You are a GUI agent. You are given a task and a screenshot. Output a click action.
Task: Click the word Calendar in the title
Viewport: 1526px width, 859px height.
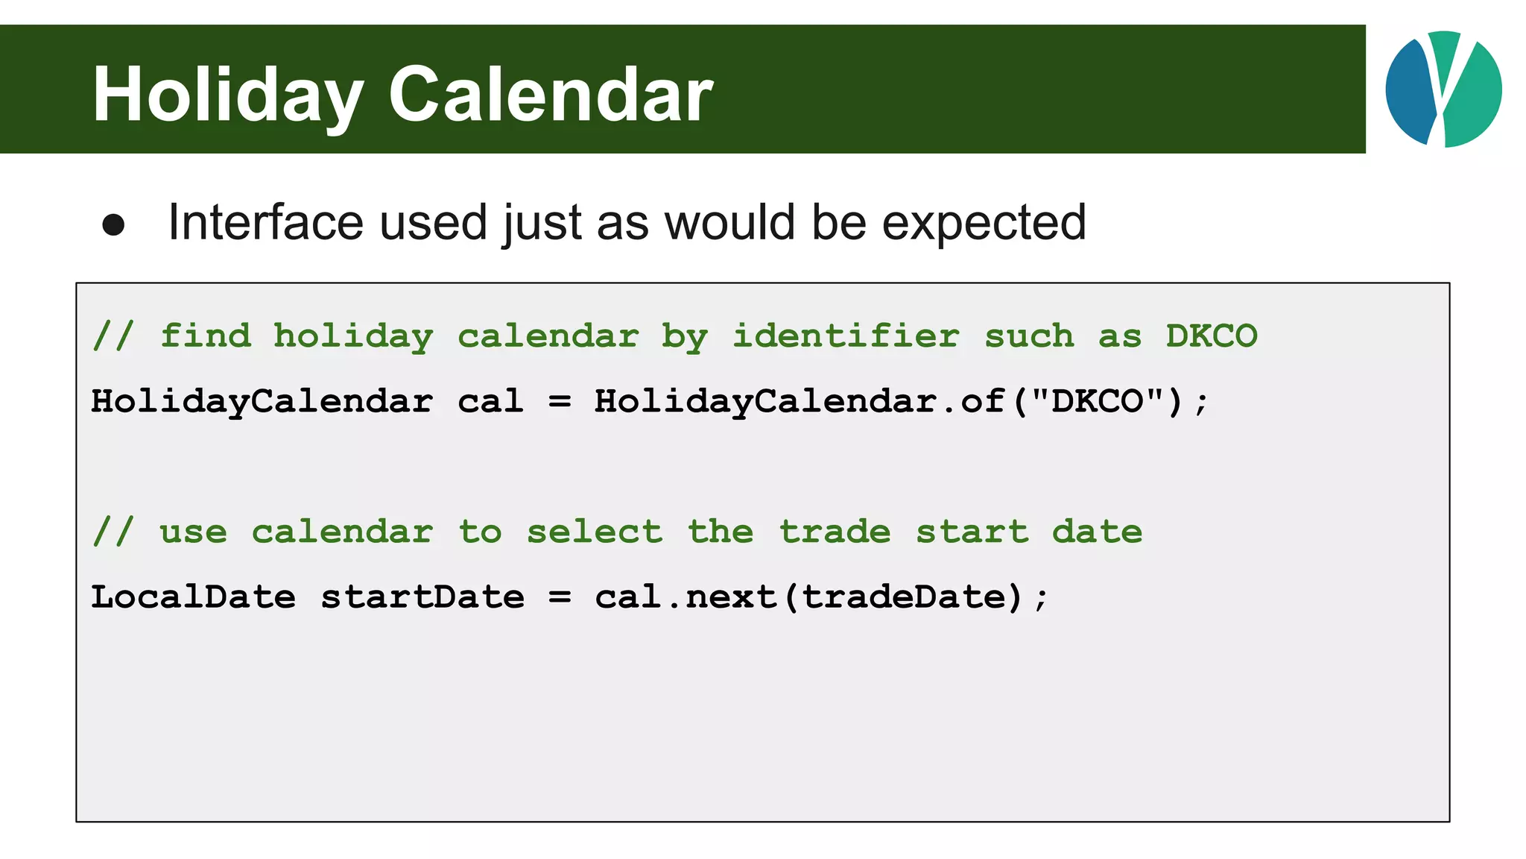[x=551, y=95]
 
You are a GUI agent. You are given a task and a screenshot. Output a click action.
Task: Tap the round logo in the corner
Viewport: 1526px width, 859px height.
[x=1443, y=89]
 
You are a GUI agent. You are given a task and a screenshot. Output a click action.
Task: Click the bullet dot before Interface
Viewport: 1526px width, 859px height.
[x=113, y=225]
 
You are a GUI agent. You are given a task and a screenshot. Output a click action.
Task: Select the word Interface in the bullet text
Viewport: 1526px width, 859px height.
[x=265, y=222]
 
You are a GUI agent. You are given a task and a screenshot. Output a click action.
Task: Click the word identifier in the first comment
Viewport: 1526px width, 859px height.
[x=846, y=336]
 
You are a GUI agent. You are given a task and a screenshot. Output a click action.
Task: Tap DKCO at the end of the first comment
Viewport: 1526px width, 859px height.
[x=1212, y=336]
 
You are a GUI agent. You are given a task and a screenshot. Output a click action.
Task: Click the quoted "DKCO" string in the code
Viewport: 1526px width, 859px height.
[x=1097, y=402]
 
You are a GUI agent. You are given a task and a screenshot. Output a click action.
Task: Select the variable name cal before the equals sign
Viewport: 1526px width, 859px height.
[x=490, y=402]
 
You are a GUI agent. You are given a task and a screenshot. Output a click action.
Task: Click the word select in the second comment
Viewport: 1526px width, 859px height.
[x=594, y=532]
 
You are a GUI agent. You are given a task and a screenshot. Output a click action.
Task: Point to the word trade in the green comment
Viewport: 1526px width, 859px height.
[x=835, y=532]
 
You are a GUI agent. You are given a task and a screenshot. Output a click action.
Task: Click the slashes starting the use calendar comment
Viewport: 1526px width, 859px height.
[x=113, y=532]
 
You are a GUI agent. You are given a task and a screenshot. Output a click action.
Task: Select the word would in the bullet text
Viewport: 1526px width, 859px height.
[x=730, y=222]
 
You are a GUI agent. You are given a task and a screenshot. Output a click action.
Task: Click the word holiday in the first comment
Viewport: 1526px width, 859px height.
[x=353, y=336]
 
